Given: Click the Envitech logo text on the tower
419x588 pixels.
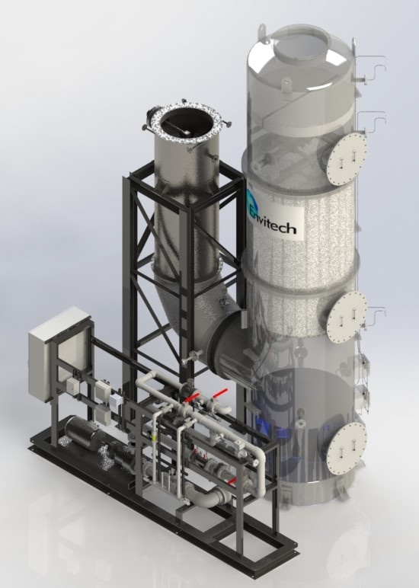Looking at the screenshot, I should tap(279, 225).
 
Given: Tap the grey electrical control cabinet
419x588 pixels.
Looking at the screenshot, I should tap(59, 352).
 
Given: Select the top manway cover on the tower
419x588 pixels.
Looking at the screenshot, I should tap(347, 158).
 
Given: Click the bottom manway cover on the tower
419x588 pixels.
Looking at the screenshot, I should tap(347, 445).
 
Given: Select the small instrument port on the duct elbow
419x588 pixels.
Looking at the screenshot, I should tap(193, 356).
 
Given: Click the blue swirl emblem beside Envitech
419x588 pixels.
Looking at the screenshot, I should tap(254, 207).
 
